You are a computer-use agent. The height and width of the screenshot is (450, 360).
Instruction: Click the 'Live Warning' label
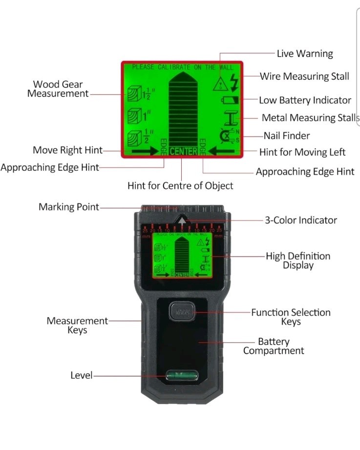[x=304, y=54]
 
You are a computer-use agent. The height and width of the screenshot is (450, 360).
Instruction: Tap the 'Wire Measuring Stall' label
[x=304, y=77]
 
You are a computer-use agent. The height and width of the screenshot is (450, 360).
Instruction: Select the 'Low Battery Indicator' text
[x=305, y=100]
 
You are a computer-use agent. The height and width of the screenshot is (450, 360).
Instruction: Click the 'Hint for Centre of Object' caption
[x=180, y=186]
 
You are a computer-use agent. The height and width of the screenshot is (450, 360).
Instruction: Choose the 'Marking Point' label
[x=68, y=207]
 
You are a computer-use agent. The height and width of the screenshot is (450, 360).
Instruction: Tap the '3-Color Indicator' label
[x=301, y=220]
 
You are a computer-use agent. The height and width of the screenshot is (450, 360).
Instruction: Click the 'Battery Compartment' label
[x=274, y=346]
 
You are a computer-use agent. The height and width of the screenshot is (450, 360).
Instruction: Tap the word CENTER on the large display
[x=183, y=151]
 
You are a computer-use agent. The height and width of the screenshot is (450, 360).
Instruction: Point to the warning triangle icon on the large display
[x=221, y=84]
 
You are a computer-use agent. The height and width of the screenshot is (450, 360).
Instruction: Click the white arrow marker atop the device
[x=182, y=221]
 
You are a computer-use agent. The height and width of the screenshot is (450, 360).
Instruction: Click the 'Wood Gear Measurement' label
[x=57, y=89]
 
